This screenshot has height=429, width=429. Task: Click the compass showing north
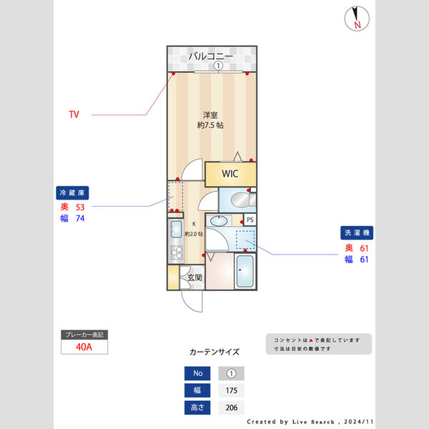pyautogui.click(x=355, y=19)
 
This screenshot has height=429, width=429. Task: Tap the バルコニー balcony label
pyautogui.click(x=210, y=56)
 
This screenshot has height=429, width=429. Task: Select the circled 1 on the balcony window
pyautogui.click(x=218, y=66)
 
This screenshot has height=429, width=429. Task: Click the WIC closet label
pyautogui.click(x=230, y=174)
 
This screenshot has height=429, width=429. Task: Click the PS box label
pyautogui.click(x=250, y=220)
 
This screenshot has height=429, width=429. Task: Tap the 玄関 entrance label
pyautogui.click(x=194, y=277)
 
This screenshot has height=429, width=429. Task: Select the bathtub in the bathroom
pyautogui.click(x=245, y=272)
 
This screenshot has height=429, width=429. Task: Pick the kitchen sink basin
pyautogui.click(x=175, y=230)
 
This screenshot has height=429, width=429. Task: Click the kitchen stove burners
pyautogui.click(x=175, y=252)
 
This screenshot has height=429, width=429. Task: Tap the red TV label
pyautogui.click(x=74, y=114)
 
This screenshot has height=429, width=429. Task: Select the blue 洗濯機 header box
pyautogui.click(x=357, y=233)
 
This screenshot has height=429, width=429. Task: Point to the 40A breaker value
pyautogui.click(x=84, y=347)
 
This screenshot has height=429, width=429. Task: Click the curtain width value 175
pyautogui.click(x=231, y=391)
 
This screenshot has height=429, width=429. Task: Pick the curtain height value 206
pyautogui.click(x=231, y=408)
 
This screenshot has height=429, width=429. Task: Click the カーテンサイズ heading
pyautogui.click(x=214, y=352)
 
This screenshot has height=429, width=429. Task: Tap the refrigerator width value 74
pyautogui.click(x=80, y=219)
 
